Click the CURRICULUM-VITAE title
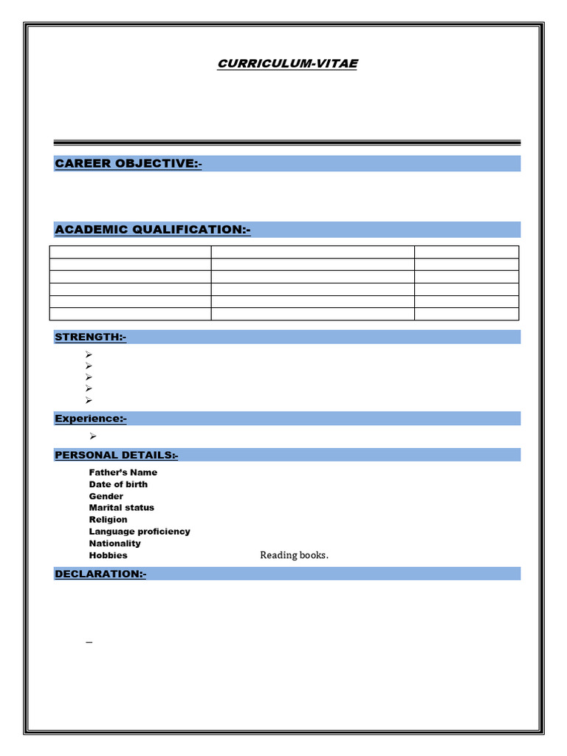pyautogui.click(x=287, y=63)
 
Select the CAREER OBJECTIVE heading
pyautogui.click(x=128, y=163)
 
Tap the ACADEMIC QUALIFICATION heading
pyautogui.click(x=152, y=230)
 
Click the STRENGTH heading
pyautogui.click(x=90, y=337)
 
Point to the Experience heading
pyautogui.click(x=90, y=419)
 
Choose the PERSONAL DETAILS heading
pyautogui.click(x=116, y=455)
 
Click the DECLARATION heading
pyautogui.click(x=100, y=574)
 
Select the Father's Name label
pyautogui.click(x=123, y=472)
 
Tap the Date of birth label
pyautogui.click(x=118, y=484)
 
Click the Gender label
pyautogui.click(x=106, y=496)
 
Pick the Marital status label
pyautogui.click(x=121, y=508)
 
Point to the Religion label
pyautogui.click(x=108, y=520)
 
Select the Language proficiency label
pyautogui.click(x=139, y=532)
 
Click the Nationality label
pyautogui.click(x=114, y=543)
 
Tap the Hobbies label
pyautogui.click(x=108, y=555)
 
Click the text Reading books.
pyautogui.click(x=294, y=555)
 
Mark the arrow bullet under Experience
pyautogui.click(x=93, y=436)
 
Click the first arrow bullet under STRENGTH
pyautogui.click(x=88, y=355)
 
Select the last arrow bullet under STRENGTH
pyautogui.click(x=88, y=400)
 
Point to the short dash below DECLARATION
pyautogui.click(x=89, y=643)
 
